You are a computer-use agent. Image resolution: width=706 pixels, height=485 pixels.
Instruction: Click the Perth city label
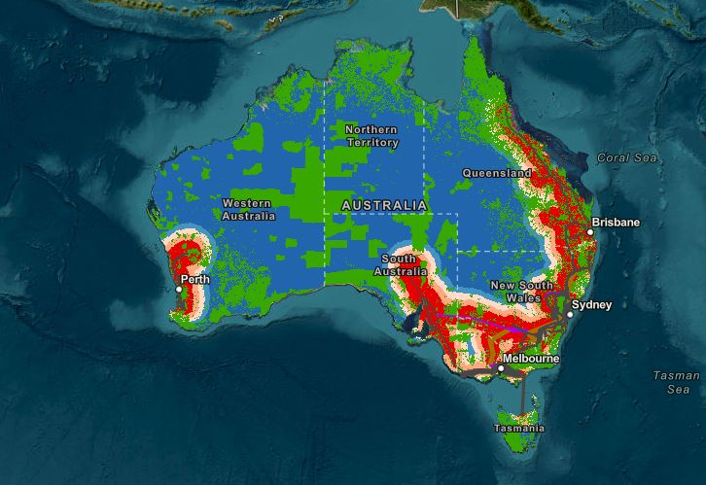point(195,280)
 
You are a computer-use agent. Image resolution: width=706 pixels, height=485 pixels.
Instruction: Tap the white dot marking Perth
point(179,289)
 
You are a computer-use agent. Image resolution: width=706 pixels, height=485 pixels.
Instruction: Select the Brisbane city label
point(618,223)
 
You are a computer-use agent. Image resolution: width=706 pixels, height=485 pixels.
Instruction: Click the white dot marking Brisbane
point(589,231)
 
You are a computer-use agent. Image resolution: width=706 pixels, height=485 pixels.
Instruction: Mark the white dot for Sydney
point(570,315)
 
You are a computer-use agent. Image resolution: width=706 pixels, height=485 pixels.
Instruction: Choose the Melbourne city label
point(531,359)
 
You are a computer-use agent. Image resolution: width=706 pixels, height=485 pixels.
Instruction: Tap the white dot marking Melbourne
point(500,369)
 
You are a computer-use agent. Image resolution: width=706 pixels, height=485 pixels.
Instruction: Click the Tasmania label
point(519,428)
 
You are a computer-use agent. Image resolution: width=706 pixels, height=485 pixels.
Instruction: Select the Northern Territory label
point(371,135)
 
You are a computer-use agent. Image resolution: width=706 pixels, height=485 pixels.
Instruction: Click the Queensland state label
point(497,174)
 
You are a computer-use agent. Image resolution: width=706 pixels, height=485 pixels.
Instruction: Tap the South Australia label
point(405,265)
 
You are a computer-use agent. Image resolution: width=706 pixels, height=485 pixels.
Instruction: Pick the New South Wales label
point(521,291)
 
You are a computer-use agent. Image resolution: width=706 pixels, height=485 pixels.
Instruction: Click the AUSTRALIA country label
point(383,205)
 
